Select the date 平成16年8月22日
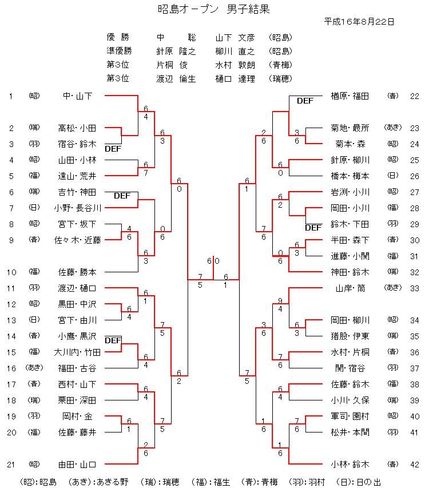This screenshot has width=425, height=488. coord(359,22)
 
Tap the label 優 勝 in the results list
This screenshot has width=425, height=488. coord(118,38)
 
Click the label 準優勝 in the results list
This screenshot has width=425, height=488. coord(118,51)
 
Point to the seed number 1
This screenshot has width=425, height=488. coord(10,96)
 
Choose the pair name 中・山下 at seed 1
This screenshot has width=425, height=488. coord(77,96)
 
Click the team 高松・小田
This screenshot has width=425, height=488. coord(77,128)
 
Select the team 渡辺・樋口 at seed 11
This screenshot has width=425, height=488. coord(77,288)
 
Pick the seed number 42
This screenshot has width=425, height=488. coord(415,464)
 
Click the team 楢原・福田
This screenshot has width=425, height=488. coord(350,96)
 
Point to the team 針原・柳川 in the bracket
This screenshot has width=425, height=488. coord(350,160)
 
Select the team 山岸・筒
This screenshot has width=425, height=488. coord(353,288)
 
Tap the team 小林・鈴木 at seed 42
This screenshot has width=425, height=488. coord(350,464)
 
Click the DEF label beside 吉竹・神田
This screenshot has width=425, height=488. coord(122,196)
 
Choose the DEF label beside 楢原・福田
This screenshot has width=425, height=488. coord(305,101)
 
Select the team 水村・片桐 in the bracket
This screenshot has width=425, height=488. coord(350,352)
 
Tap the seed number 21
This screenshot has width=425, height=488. coord(10,464)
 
